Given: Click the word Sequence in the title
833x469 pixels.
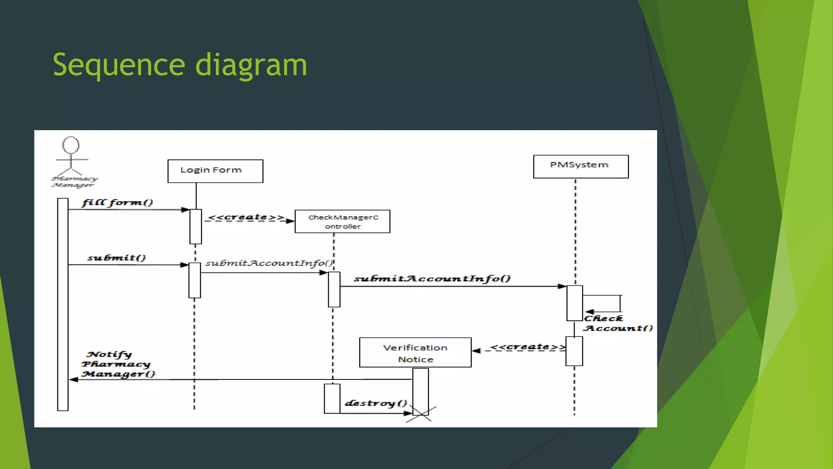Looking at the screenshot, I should point(118,65).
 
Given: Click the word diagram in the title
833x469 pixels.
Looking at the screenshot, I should point(251,65).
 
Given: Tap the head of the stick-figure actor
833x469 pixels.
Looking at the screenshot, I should point(71,145).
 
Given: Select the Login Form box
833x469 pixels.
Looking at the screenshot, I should point(215,171).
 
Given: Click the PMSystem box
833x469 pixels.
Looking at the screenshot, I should point(580,166).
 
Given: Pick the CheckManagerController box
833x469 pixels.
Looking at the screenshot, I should point(342,221).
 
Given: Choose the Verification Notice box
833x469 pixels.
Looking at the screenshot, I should point(415,353).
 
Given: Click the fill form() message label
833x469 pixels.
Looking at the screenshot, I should point(117,202).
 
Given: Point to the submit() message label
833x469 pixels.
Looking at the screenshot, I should point(116,258).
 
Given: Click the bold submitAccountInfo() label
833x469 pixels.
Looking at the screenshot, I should point(432,278).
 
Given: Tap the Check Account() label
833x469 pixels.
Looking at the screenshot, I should point(617,323).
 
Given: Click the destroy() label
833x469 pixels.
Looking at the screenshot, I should point(376,403).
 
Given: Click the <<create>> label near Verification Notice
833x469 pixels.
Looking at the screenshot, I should point(527,347).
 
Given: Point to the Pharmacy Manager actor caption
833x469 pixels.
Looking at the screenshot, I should point(74,182).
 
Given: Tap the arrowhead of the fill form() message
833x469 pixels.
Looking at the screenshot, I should point(185,210).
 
